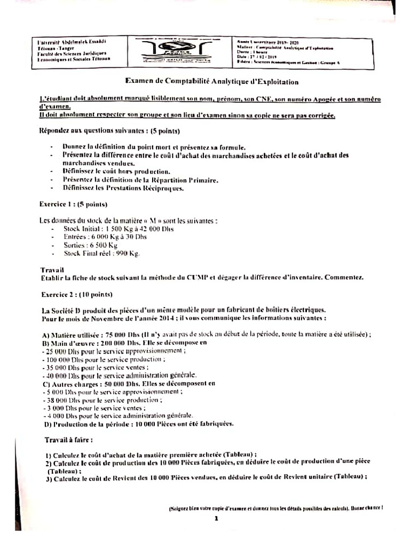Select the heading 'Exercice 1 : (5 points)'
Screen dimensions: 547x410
tap(74, 204)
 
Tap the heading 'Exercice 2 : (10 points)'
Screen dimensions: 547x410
tap(76, 294)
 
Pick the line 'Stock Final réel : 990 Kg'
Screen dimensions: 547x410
tap(101, 254)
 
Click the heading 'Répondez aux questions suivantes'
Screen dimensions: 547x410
tap(110, 131)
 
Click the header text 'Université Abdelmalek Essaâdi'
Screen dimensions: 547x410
tap(73, 42)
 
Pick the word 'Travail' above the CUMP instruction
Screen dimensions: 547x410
tap(52, 270)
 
